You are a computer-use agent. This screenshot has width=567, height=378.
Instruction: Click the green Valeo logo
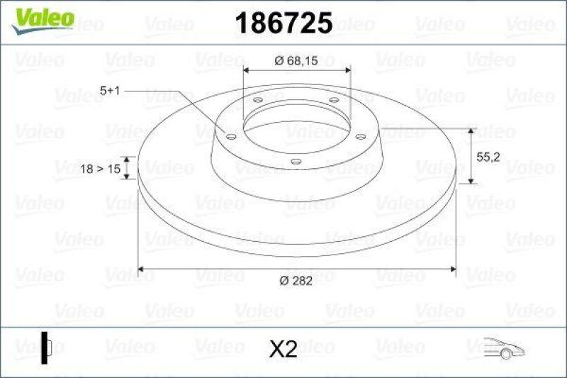[x=41, y=16]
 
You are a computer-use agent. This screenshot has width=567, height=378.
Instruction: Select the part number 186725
[x=283, y=23]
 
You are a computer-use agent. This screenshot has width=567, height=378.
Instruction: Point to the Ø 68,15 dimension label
[x=297, y=60]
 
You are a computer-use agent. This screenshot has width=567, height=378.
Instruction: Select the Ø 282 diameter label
[x=296, y=281]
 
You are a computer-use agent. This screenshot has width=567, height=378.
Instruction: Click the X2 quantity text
[x=283, y=348]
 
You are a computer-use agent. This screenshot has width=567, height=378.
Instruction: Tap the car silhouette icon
[x=503, y=347]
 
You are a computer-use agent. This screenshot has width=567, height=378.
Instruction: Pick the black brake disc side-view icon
[x=47, y=348]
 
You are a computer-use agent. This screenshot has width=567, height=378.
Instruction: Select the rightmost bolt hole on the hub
[x=359, y=136]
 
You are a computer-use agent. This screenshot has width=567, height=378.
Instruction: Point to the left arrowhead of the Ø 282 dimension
[x=142, y=269]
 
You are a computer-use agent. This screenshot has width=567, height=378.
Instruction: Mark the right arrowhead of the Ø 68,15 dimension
[x=347, y=70]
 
